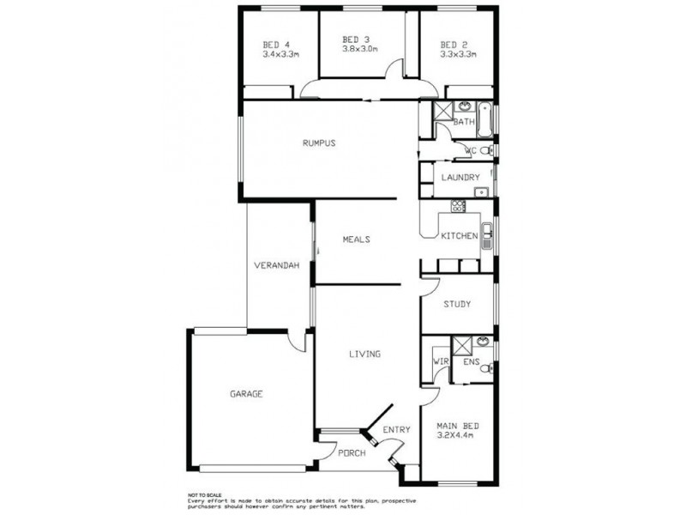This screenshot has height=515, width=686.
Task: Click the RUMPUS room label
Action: pyautogui.click(x=319, y=142)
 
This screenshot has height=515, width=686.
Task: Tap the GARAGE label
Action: pyautogui.click(x=246, y=394)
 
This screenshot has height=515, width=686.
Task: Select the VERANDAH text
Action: pyautogui.click(x=276, y=265)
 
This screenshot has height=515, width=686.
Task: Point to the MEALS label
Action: pyautogui.click(x=356, y=239)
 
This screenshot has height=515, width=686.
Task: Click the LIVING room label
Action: pyautogui.click(x=365, y=354)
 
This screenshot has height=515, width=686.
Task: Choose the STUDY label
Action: pyautogui.click(x=457, y=304)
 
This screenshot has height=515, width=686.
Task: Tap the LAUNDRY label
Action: pyautogui.click(x=460, y=178)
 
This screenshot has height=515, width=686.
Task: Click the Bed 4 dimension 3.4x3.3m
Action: pyautogui.click(x=281, y=55)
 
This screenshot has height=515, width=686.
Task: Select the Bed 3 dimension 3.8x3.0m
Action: pyautogui.click(x=359, y=49)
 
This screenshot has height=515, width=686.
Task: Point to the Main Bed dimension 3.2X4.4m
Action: pyautogui.click(x=455, y=435)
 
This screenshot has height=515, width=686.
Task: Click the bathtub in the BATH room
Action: pyautogui.click(x=484, y=119)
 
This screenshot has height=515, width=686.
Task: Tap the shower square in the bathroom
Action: pyautogui.click(x=442, y=111)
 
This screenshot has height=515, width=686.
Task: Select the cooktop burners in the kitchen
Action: pyautogui.click(x=459, y=206)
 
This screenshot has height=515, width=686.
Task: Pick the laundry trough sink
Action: pyautogui.click(x=481, y=191)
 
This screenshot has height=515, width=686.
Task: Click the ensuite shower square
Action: pyautogui.click(x=461, y=345)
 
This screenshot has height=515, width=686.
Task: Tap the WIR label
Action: pyautogui.click(x=441, y=361)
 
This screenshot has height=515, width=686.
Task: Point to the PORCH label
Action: pyautogui.click(x=352, y=453)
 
